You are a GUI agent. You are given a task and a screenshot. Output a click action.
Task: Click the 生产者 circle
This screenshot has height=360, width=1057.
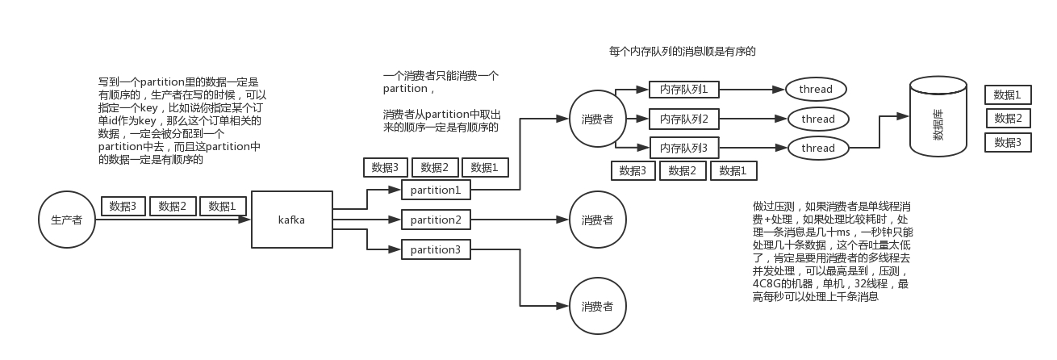tap(66, 220)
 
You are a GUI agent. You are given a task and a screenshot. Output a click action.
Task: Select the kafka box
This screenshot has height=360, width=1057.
tap(292, 220)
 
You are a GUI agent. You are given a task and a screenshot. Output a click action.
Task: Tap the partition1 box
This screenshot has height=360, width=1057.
tap(436, 190)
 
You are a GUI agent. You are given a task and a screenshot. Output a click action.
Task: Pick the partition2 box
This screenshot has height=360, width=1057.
tap(436, 220)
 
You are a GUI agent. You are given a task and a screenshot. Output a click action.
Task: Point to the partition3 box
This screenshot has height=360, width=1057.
tap(436, 249)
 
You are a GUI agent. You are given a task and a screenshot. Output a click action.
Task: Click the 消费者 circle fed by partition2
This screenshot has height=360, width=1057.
tap(597, 220)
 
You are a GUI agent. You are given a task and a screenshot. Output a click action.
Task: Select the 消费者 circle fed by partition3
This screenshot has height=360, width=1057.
tap(597, 306)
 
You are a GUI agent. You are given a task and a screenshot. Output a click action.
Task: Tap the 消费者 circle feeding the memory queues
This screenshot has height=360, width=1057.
tap(597, 119)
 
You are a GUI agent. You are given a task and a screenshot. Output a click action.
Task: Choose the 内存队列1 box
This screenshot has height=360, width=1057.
tap(683, 89)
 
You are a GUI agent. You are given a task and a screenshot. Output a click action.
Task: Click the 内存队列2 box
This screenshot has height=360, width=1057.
tap(683, 119)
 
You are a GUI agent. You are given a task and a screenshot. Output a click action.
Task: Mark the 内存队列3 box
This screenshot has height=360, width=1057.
tap(683, 149)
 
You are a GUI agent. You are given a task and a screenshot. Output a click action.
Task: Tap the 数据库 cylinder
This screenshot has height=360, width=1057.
tap(938, 117)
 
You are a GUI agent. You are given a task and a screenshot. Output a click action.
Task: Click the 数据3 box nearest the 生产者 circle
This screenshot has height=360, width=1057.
tap(123, 206)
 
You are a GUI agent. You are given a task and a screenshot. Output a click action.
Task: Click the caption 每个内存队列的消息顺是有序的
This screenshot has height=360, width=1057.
tap(682, 51)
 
